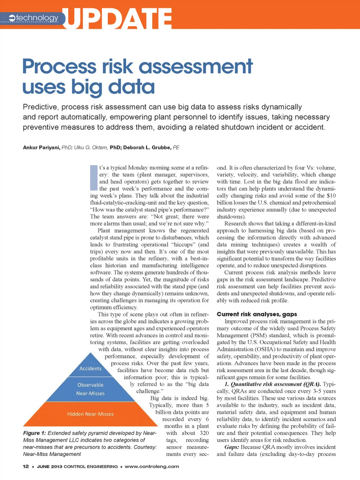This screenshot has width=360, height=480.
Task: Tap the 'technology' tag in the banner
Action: (37, 18)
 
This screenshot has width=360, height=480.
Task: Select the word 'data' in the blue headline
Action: (131, 87)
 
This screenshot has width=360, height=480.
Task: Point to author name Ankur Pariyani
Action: (41, 147)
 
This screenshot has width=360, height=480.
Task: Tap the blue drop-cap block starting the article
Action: (94, 178)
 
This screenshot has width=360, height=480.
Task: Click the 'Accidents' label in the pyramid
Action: (90, 369)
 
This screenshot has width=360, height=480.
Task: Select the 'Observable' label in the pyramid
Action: (90, 385)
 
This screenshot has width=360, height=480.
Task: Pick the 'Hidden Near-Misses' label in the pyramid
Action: (90, 414)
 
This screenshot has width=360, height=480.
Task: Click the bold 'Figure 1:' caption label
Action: (34, 433)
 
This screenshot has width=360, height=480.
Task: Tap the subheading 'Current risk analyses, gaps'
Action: (257, 314)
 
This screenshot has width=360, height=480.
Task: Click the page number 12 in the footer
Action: (25, 466)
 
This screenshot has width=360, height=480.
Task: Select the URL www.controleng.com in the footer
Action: (152, 466)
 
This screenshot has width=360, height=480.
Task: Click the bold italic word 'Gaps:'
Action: (232, 447)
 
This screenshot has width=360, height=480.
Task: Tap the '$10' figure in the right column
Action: (331, 196)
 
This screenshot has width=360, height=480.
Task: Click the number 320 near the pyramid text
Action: (204, 433)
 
